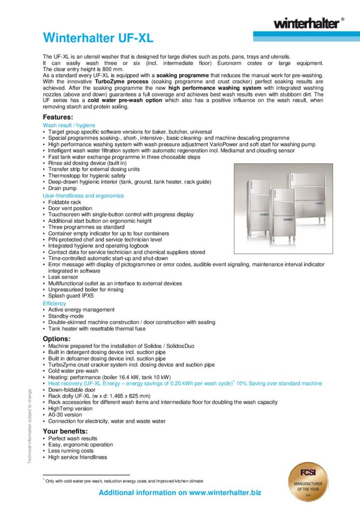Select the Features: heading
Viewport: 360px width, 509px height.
click(x=58, y=117)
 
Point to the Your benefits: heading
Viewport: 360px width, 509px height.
click(x=65, y=431)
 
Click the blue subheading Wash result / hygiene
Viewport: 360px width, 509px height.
click(x=69, y=125)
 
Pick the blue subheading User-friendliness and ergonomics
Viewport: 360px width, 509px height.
click(x=83, y=196)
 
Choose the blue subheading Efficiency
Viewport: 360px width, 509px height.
click(x=54, y=303)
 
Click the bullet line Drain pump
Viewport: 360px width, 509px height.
click(x=63, y=189)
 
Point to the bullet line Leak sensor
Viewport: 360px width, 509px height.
click(x=63, y=277)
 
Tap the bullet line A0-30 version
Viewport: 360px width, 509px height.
click(x=65, y=415)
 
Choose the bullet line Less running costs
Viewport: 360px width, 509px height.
click(x=71, y=451)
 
